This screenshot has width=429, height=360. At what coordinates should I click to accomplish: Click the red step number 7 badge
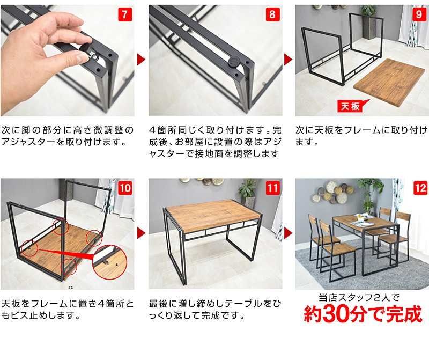[125, 14]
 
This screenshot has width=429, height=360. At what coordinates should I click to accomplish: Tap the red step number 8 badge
[272, 14]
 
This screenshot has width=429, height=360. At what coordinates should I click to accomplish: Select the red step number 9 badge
[419, 14]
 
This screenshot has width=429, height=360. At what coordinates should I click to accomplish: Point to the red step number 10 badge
[125, 188]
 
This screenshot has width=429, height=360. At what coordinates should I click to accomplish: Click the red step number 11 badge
[272, 188]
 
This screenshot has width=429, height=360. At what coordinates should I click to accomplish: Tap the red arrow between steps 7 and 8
[141, 60]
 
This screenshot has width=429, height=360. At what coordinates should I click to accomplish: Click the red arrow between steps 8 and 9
[288, 60]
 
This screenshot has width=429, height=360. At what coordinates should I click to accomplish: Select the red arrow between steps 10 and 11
[141, 233]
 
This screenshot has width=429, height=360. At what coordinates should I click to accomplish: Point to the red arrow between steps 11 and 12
[288, 233]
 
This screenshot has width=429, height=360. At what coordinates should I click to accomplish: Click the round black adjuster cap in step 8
[234, 62]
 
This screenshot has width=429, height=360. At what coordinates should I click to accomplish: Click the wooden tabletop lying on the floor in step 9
[389, 82]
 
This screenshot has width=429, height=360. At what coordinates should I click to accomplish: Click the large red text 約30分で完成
[363, 314]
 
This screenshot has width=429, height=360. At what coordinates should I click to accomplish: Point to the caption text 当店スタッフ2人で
[359, 297]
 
